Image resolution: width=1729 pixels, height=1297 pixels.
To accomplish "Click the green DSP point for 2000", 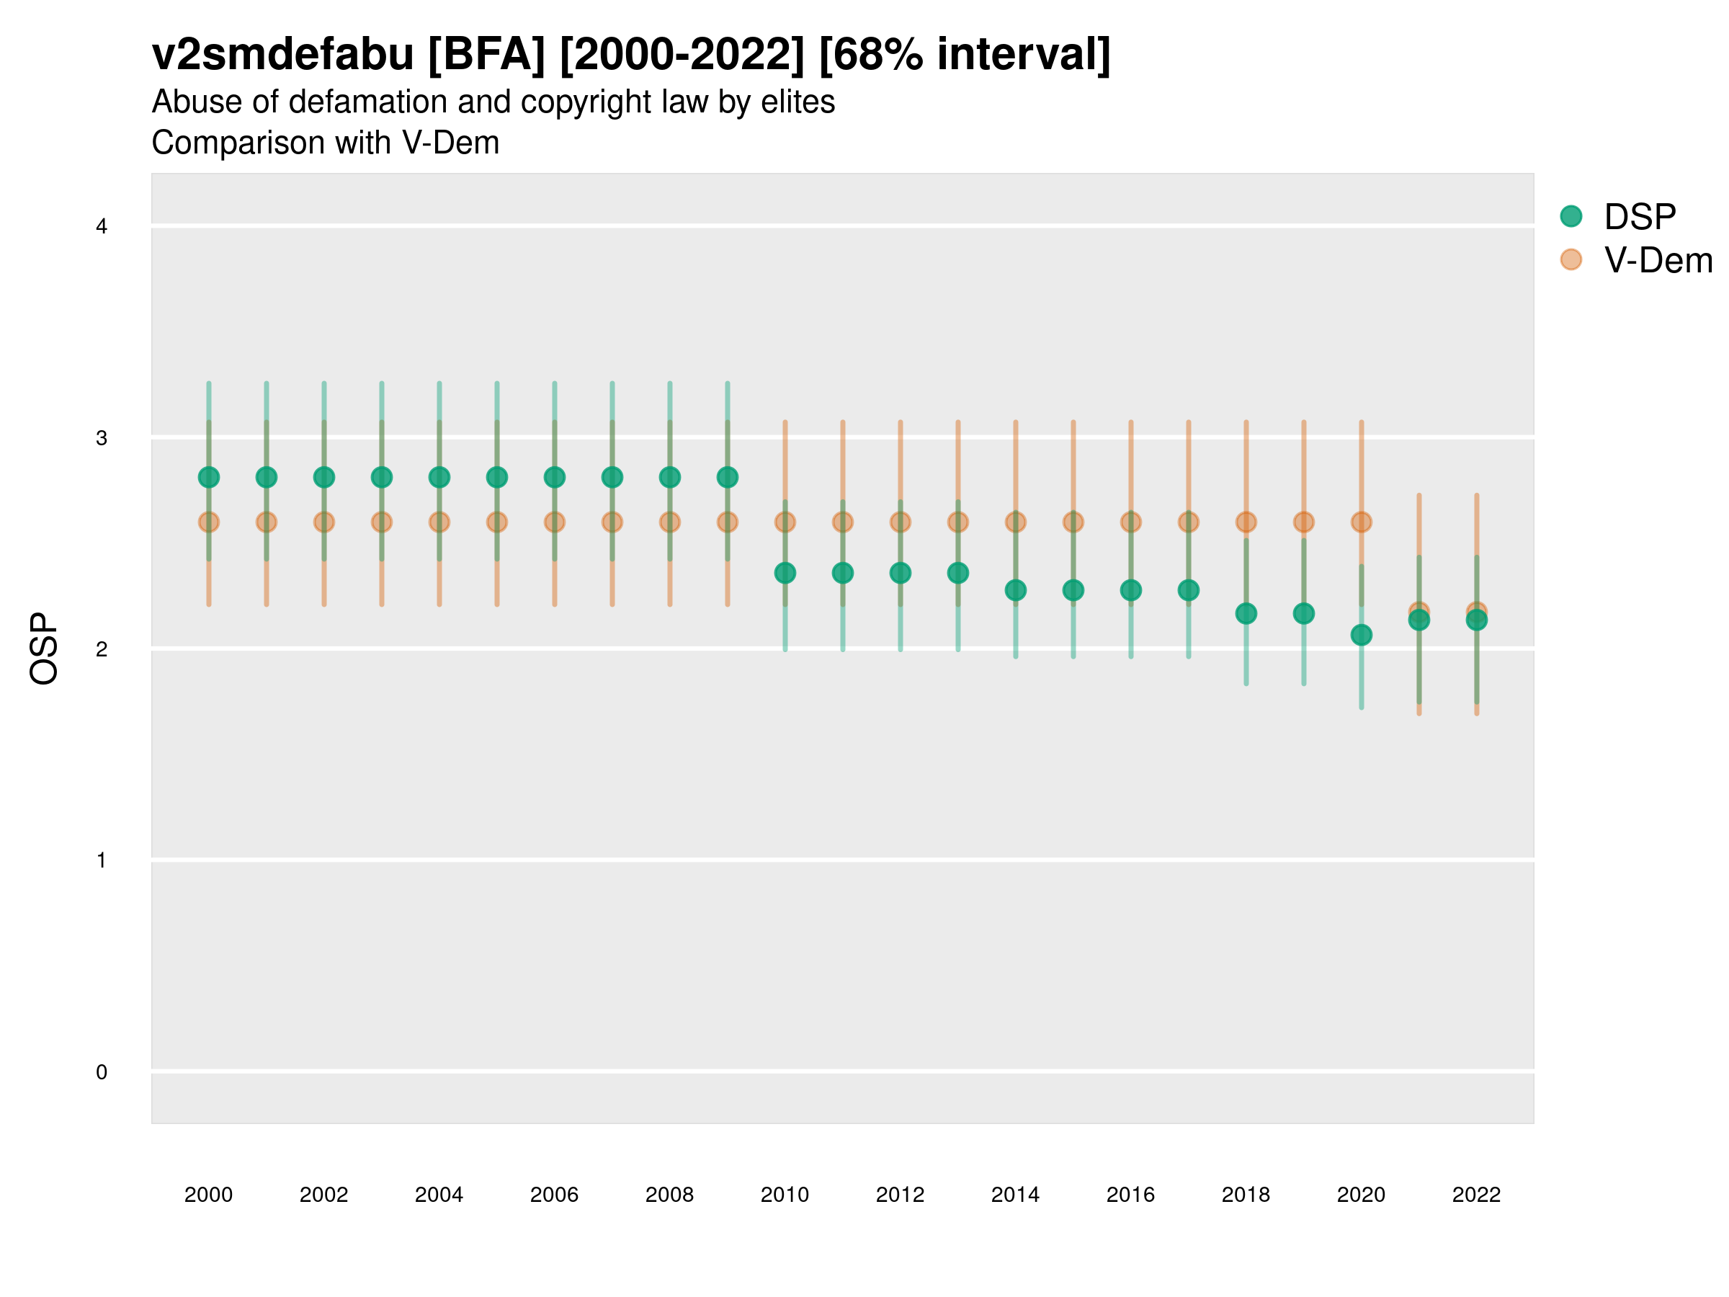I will [x=209, y=477].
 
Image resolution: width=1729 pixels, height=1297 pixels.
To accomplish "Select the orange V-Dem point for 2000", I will [x=209, y=522].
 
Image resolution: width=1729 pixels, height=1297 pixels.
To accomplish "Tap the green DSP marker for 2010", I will [x=785, y=573].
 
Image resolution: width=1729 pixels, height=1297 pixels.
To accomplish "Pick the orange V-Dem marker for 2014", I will [x=1015, y=522].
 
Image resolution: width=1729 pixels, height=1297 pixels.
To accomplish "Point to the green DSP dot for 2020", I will [x=1361, y=635].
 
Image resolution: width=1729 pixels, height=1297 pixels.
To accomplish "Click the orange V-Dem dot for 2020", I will [x=1361, y=522].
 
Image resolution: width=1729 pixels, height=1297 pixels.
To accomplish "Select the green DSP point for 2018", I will [x=1246, y=614].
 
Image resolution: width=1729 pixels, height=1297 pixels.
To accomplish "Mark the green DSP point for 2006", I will [x=554, y=477].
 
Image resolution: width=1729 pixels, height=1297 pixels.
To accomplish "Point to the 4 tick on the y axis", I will [x=102, y=227].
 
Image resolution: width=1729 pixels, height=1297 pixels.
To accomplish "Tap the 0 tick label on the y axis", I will [x=102, y=1072].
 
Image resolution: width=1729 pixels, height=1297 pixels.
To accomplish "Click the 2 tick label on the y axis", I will [x=102, y=649].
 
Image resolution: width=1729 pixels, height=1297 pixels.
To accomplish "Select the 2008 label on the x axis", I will [x=669, y=1195].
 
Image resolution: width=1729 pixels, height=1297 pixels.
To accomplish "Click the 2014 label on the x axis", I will [x=1014, y=1195].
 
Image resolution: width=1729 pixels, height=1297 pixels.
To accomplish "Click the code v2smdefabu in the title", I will [x=282, y=55].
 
